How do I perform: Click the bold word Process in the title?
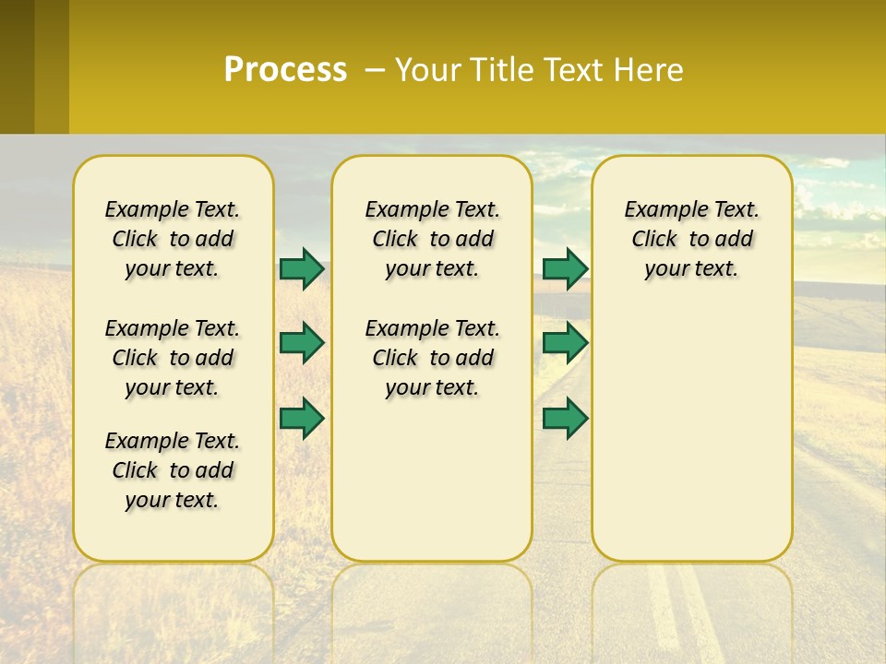tap(285, 70)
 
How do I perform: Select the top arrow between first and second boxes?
tap(302, 268)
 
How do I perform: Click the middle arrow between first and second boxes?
tap(302, 343)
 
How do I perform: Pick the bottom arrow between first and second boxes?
tap(302, 418)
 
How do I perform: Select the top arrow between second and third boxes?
tap(565, 268)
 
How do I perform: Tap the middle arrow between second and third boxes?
tap(565, 343)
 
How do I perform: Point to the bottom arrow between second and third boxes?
tap(565, 418)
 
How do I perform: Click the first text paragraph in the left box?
tap(173, 239)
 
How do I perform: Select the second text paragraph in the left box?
tap(173, 358)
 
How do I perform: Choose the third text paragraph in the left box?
tap(173, 470)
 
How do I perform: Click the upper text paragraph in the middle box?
tap(432, 239)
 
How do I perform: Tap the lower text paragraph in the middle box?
tap(432, 358)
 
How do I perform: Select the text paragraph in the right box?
tap(691, 239)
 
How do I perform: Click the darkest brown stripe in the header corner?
tap(17, 66)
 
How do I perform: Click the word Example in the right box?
tap(658, 209)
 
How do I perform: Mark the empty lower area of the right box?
tap(692, 433)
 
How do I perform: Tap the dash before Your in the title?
tap(375, 70)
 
